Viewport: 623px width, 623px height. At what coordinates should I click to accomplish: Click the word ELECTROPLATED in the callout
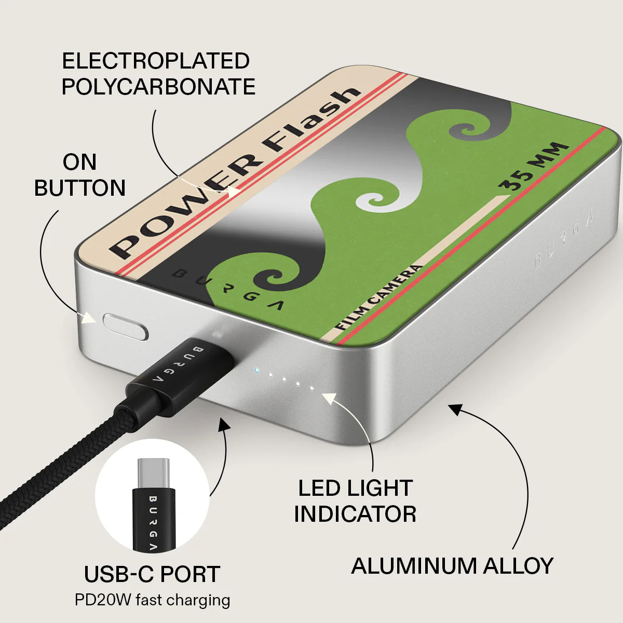coord(156,61)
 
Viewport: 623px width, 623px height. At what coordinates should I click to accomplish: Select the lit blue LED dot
coord(256,371)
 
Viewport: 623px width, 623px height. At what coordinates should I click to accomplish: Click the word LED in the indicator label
coord(318,488)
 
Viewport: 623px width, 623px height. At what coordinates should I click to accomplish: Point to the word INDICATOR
coord(355,514)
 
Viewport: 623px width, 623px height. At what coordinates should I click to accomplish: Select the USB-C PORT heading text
coord(152,574)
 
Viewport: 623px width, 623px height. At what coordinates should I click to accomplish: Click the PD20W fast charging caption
coord(152,600)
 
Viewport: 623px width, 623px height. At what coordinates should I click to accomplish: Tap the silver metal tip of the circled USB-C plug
coord(153,474)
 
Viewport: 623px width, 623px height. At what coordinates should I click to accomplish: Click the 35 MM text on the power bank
coord(534,167)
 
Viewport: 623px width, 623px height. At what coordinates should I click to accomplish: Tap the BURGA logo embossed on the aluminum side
coord(564,239)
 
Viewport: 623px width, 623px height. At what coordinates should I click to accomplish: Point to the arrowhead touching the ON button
coord(89,318)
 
